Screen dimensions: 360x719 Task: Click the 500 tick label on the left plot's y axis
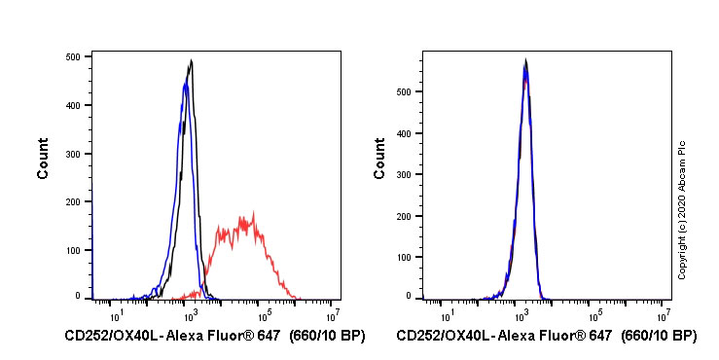tap(72, 56)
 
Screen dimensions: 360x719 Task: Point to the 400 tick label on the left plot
tap(72, 105)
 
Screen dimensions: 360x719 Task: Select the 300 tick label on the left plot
tap(72, 153)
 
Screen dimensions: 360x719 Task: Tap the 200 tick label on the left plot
tap(72, 201)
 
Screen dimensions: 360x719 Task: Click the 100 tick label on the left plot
tap(72, 249)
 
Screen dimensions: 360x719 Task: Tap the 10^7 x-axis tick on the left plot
tap(333, 314)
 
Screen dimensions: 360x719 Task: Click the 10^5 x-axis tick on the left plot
tap(262, 314)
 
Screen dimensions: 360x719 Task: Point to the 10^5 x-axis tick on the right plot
tap(593, 314)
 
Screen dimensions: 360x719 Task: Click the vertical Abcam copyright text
tap(682, 208)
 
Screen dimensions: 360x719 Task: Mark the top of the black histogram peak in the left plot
tap(192, 60)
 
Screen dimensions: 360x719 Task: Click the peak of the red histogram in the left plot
tap(253, 212)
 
